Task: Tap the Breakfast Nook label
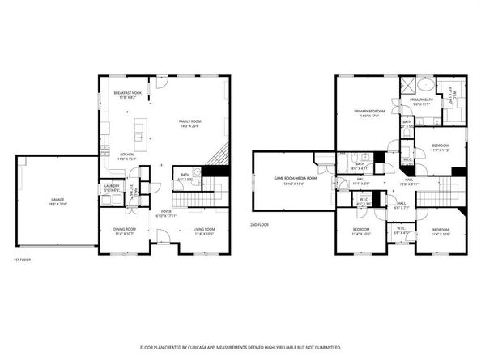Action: point(128,92)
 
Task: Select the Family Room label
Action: point(190,121)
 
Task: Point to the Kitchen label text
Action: point(127,155)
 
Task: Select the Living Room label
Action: point(204,229)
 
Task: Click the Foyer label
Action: point(164,212)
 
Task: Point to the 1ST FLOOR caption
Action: point(23,260)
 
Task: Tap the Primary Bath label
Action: point(422,100)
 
